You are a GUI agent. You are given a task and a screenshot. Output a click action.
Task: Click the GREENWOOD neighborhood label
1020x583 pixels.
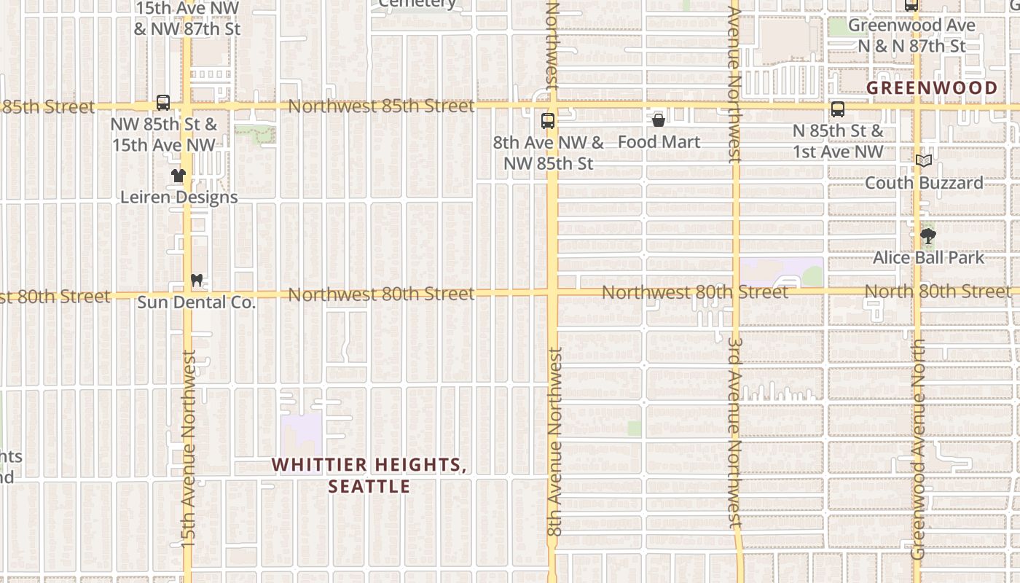tap(932, 88)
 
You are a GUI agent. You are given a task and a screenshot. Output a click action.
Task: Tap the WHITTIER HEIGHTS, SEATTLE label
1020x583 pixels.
tap(369, 475)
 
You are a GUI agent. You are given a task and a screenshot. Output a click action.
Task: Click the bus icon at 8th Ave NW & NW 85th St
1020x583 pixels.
tap(548, 121)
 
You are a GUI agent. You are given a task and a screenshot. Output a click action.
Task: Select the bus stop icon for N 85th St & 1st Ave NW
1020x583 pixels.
tap(838, 110)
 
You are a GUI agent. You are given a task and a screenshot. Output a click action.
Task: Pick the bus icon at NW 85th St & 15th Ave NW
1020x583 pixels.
tap(163, 103)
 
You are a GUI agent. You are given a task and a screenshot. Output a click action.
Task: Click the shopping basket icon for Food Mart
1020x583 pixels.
tap(659, 120)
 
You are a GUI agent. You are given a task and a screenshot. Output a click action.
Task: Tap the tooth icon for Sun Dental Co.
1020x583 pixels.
tap(196, 280)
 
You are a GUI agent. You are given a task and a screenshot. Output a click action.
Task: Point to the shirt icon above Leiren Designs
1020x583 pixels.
tap(178, 176)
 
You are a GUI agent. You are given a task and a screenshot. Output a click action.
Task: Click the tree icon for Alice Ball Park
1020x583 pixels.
tap(928, 236)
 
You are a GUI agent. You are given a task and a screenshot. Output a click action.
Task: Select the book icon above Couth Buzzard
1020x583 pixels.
tap(924, 161)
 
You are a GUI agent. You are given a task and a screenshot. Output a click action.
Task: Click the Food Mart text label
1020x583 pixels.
tap(659, 142)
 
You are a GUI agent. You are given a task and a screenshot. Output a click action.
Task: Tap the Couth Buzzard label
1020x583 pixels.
tap(924, 182)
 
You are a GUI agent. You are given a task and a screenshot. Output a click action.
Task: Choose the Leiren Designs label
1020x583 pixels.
tap(178, 197)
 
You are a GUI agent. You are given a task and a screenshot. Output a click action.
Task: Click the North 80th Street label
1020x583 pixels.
tap(938, 291)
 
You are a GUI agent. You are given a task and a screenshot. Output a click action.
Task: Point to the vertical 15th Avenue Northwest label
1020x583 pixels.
tap(189, 448)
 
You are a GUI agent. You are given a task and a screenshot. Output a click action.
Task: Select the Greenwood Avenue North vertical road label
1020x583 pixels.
tap(917, 448)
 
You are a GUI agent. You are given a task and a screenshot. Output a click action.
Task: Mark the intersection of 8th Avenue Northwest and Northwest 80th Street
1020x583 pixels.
tap(552, 293)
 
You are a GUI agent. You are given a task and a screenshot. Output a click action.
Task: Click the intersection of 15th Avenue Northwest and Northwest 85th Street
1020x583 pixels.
tap(187, 106)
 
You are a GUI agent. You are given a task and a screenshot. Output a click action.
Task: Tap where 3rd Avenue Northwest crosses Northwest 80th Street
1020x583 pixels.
tap(736, 292)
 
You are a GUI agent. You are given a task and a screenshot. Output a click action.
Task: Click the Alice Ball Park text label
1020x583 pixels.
tap(928, 257)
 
